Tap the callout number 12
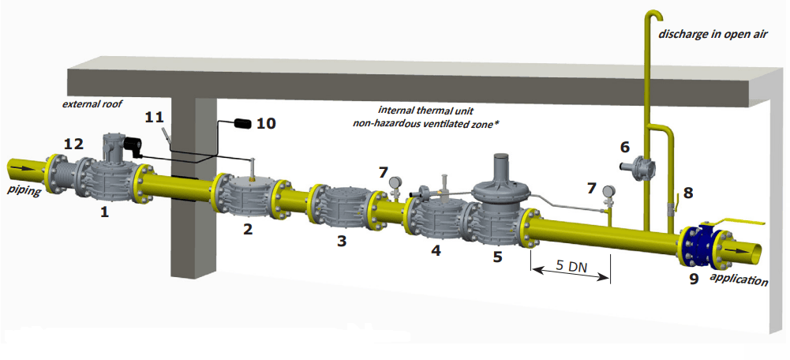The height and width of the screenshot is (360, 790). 73,143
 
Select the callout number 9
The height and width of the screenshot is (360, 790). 694,279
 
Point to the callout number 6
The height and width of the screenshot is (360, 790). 625,147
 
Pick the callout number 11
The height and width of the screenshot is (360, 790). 154,117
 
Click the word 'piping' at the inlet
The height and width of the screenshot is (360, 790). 24,191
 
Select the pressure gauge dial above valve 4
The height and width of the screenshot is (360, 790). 393,182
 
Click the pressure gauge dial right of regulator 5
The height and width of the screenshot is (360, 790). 608,190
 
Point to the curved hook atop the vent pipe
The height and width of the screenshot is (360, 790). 653,18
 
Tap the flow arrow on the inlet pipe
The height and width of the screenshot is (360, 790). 24,169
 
